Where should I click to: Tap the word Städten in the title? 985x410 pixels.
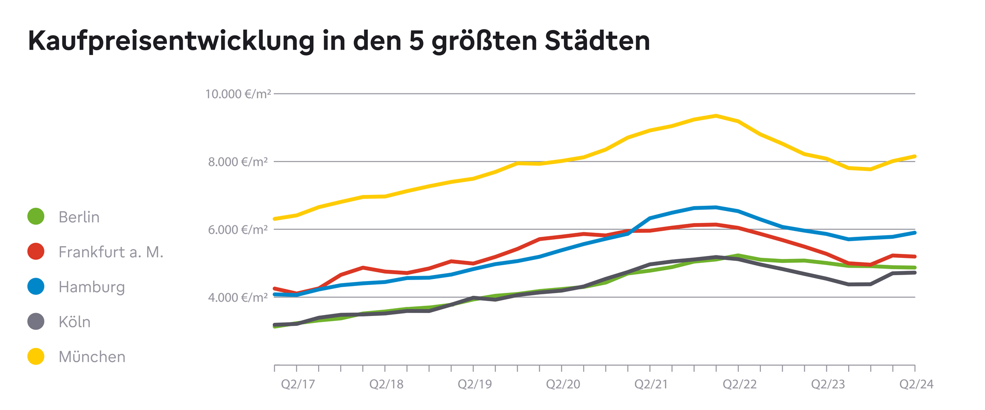pyautogui.click(x=597, y=41)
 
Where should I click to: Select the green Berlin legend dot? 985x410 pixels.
pyautogui.click(x=36, y=217)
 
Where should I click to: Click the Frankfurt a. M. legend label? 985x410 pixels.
pyautogui.click(x=110, y=252)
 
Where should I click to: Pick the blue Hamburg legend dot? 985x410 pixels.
pyautogui.click(x=36, y=286)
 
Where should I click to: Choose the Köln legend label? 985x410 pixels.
pyautogui.click(x=74, y=322)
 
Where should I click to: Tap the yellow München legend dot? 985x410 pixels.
pyautogui.click(x=36, y=356)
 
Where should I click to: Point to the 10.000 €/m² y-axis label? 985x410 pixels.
pyautogui.click(x=238, y=94)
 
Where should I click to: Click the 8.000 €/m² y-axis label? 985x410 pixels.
pyautogui.click(x=238, y=162)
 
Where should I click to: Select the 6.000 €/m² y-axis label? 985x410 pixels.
pyautogui.click(x=238, y=230)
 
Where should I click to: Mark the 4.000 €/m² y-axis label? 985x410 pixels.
pyautogui.click(x=238, y=298)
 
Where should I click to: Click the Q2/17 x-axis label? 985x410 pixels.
pyautogui.click(x=297, y=384)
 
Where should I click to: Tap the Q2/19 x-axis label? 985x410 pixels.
pyautogui.click(x=474, y=384)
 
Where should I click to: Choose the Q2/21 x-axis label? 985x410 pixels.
pyautogui.click(x=651, y=384)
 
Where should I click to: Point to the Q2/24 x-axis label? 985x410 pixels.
pyautogui.click(x=916, y=384)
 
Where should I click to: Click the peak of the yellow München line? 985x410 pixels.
pyautogui.click(x=716, y=116)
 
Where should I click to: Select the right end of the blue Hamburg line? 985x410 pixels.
pyautogui.click(x=915, y=232)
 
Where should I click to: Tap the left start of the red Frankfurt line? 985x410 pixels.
pyautogui.click(x=275, y=288)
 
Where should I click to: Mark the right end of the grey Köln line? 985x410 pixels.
pyautogui.click(x=915, y=272)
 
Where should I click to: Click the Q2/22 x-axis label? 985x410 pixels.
pyautogui.click(x=739, y=384)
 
